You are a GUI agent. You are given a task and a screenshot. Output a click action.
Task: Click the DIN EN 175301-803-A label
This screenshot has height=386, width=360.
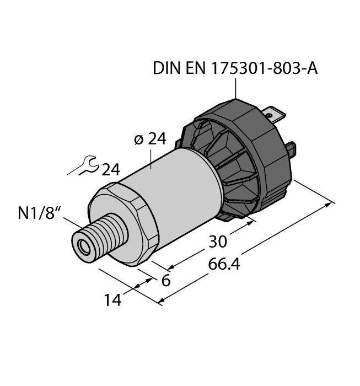tap(235, 69)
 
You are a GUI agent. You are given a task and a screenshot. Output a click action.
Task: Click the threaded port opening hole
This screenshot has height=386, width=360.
tap(84, 246)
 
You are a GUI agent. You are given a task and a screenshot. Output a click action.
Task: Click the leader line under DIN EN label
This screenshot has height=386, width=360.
tap(236, 88)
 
